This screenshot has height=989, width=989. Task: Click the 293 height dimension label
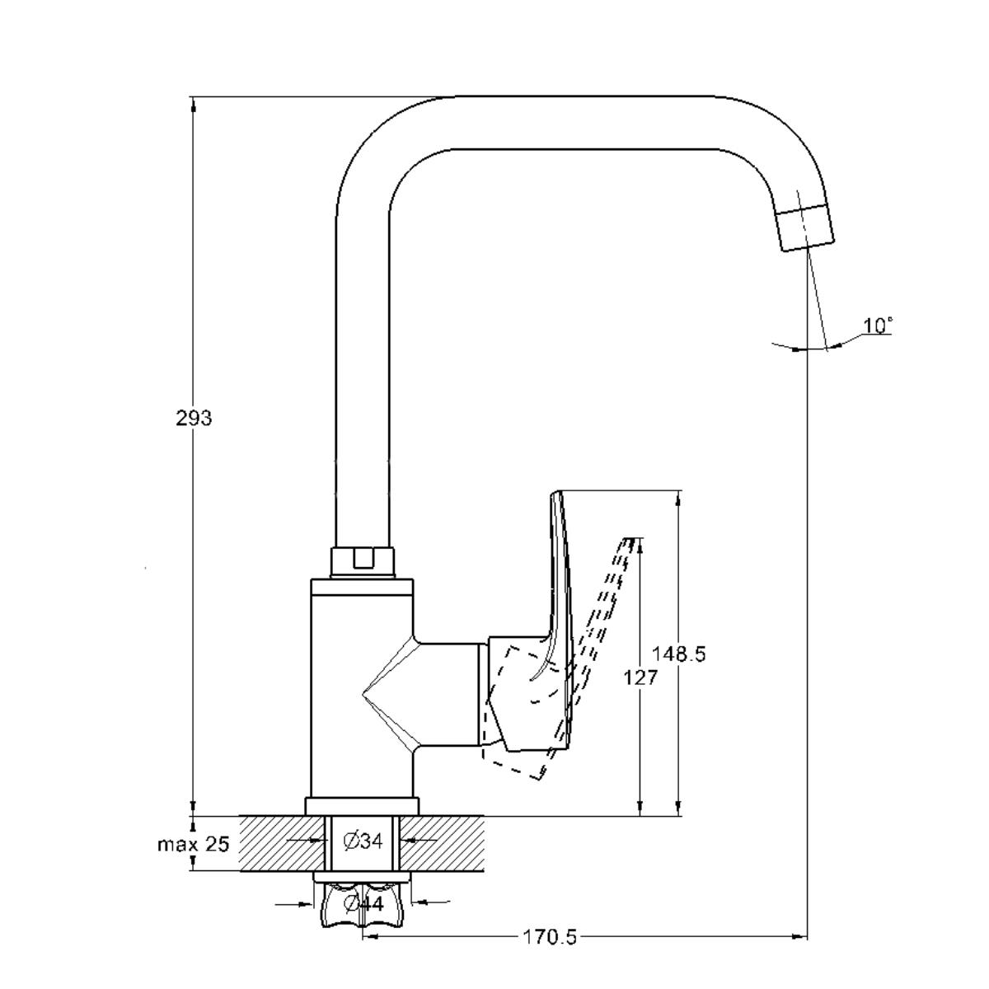coord(194,419)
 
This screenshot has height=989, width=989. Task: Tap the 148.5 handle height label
coord(678,654)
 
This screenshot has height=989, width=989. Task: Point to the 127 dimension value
coord(640,678)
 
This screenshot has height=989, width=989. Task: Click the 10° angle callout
coord(877,326)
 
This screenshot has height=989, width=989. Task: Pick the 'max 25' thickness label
coord(194,844)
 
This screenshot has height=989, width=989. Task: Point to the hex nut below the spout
coord(363,563)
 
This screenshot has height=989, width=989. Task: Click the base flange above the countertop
coord(363,806)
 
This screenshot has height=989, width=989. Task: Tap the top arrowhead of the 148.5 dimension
coord(678,499)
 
